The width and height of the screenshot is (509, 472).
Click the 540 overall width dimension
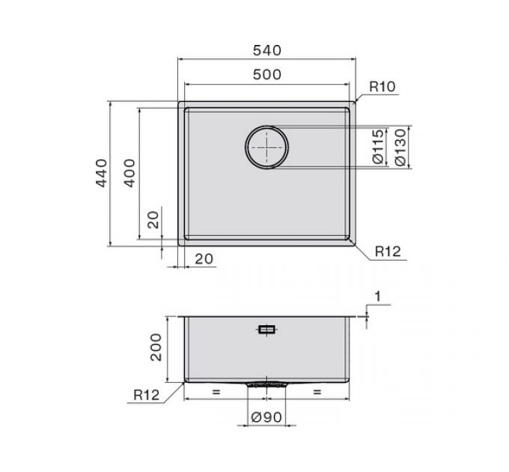(x=266, y=50)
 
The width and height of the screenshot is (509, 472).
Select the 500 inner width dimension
(x=266, y=75)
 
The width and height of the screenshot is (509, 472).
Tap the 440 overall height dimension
(x=101, y=173)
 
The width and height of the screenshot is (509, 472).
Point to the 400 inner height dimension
(x=129, y=173)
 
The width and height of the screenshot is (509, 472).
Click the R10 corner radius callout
(x=382, y=87)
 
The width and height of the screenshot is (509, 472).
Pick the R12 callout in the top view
(x=388, y=252)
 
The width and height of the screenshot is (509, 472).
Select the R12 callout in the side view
(x=147, y=395)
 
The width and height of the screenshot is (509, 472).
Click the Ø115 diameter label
(x=378, y=147)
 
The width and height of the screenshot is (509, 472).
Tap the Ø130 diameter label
(x=400, y=148)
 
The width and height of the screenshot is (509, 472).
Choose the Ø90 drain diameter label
(x=266, y=417)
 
